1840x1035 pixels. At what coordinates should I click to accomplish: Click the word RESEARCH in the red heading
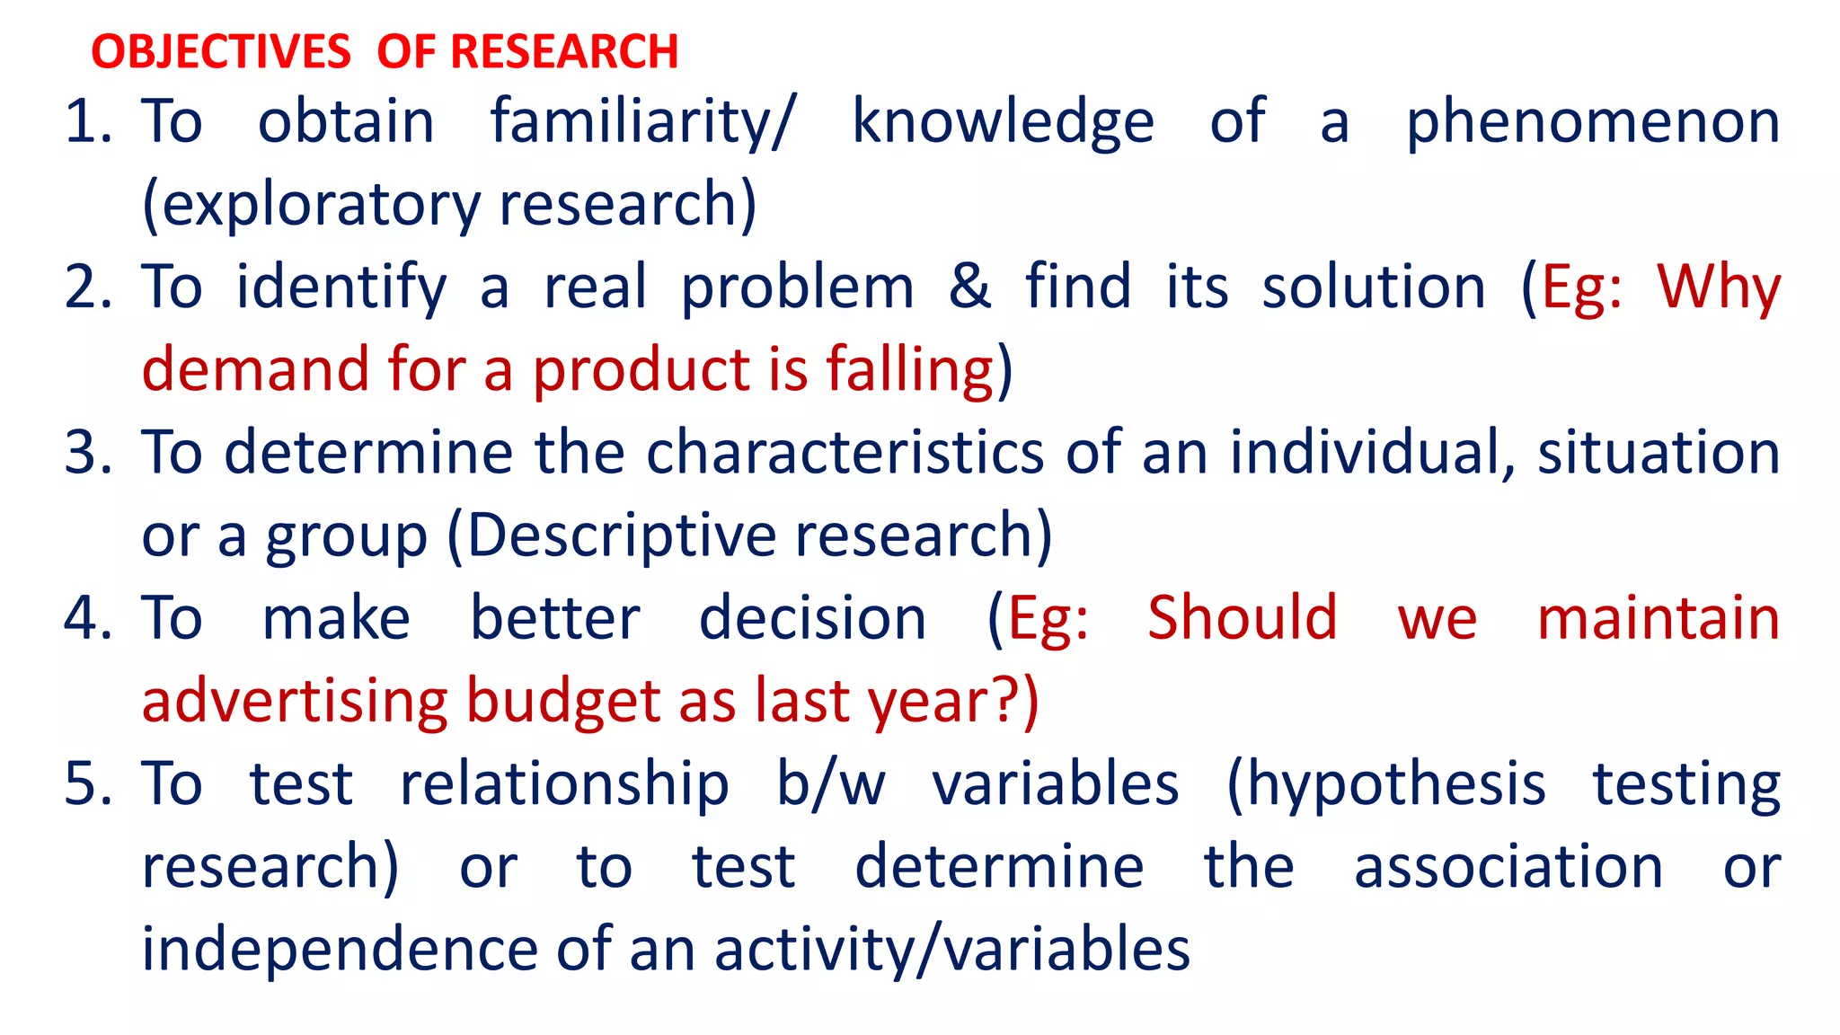[563, 51]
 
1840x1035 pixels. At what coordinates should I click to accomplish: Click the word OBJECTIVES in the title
[221, 51]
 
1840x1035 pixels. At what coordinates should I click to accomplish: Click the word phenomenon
[1592, 121]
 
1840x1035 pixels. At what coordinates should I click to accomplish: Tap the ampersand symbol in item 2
[969, 287]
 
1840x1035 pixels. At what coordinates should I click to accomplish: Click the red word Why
[1719, 287]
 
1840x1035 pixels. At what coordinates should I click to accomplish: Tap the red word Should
[1243, 618]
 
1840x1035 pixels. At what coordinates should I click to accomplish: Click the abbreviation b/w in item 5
[830, 783]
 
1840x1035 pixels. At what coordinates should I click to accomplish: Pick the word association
[1508, 867]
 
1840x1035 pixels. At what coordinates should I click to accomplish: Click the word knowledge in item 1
[1003, 121]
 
